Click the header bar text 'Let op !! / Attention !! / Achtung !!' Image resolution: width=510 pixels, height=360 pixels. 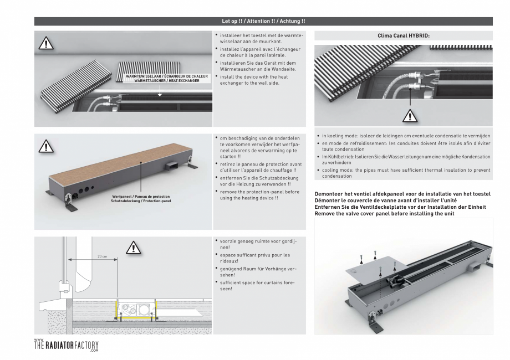click(x=263, y=21)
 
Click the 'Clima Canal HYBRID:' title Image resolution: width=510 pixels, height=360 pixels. click(x=403, y=34)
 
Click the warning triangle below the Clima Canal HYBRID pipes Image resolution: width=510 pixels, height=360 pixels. click(x=411, y=116)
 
